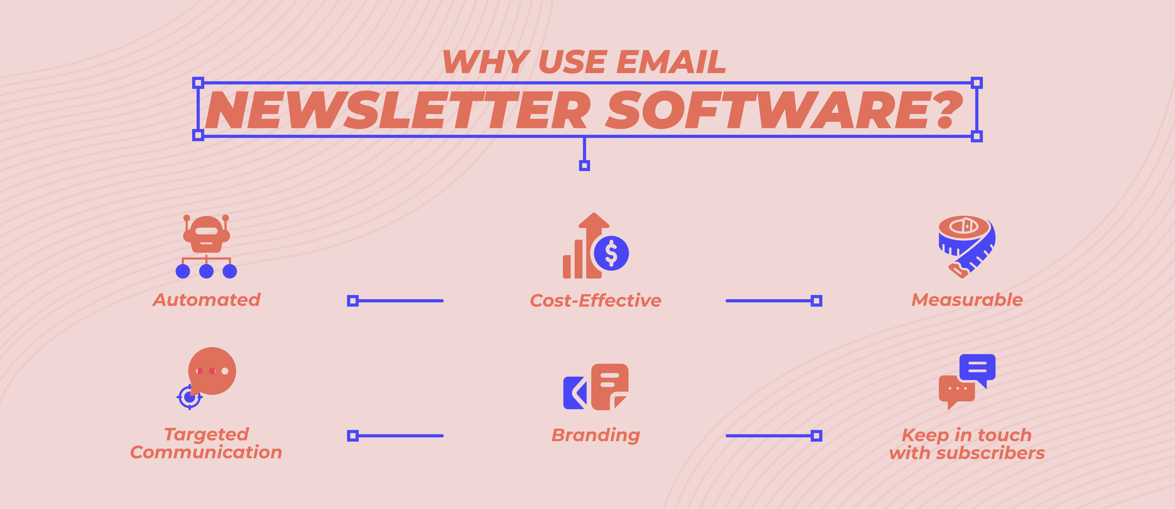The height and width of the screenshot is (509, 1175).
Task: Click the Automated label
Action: point(207,300)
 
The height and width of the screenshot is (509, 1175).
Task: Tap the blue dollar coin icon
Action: point(611,253)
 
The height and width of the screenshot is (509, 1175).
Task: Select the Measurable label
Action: point(967,300)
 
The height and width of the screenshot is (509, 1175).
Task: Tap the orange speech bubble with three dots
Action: point(213,371)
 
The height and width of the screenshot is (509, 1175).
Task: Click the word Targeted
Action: point(207,434)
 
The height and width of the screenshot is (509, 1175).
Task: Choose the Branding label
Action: point(596,435)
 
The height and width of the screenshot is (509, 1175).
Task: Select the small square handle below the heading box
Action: point(584,165)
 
